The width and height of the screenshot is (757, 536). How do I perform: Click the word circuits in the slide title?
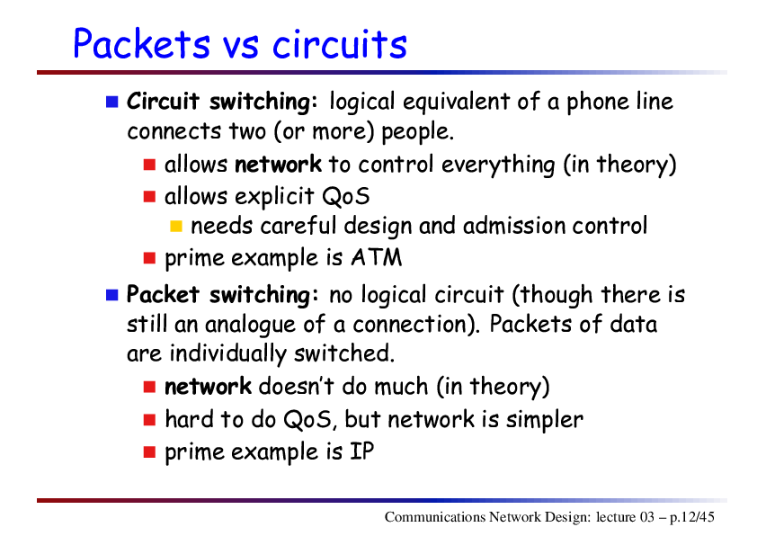[340, 44]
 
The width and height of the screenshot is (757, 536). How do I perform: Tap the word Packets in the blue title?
[141, 43]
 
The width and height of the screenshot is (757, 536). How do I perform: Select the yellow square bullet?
[176, 226]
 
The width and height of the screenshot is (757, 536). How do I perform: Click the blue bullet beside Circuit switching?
[112, 102]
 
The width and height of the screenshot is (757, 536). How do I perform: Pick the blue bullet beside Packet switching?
[112, 295]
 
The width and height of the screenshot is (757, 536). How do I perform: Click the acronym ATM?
[377, 257]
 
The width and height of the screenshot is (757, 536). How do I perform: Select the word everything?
[498, 165]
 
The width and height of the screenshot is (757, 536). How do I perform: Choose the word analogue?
[250, 325]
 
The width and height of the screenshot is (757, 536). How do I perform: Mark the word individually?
[227, 354]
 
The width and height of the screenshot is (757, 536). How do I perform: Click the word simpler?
[545, 420]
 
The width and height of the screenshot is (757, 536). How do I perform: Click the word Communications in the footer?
[435, 517]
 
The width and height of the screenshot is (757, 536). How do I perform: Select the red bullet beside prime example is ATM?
[149, 258]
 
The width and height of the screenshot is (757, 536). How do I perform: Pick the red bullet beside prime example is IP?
[149, 452]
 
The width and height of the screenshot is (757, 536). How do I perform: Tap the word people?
[418, 132]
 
